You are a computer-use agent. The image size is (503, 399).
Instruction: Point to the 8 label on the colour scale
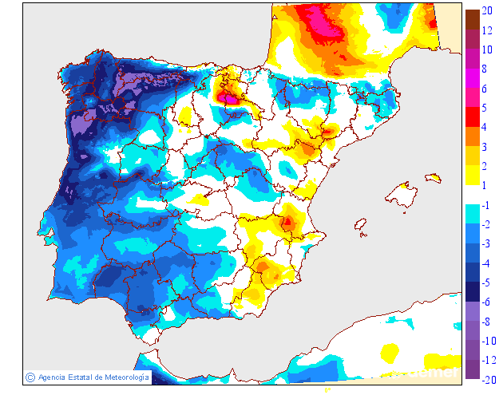click(486, 69)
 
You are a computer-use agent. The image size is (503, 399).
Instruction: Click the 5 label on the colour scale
click(486, 108)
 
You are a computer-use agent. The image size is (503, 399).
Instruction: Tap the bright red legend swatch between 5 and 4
click(472, 117)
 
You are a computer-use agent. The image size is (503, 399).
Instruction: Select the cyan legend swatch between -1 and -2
click(472, 214)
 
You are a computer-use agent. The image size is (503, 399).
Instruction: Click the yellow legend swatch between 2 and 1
click(472, 176)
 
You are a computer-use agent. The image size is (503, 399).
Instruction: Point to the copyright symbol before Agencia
click(30, 377)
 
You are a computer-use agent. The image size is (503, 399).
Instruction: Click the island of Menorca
click(434, 177)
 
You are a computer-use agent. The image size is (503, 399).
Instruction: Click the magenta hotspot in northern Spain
click(232, 98)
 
